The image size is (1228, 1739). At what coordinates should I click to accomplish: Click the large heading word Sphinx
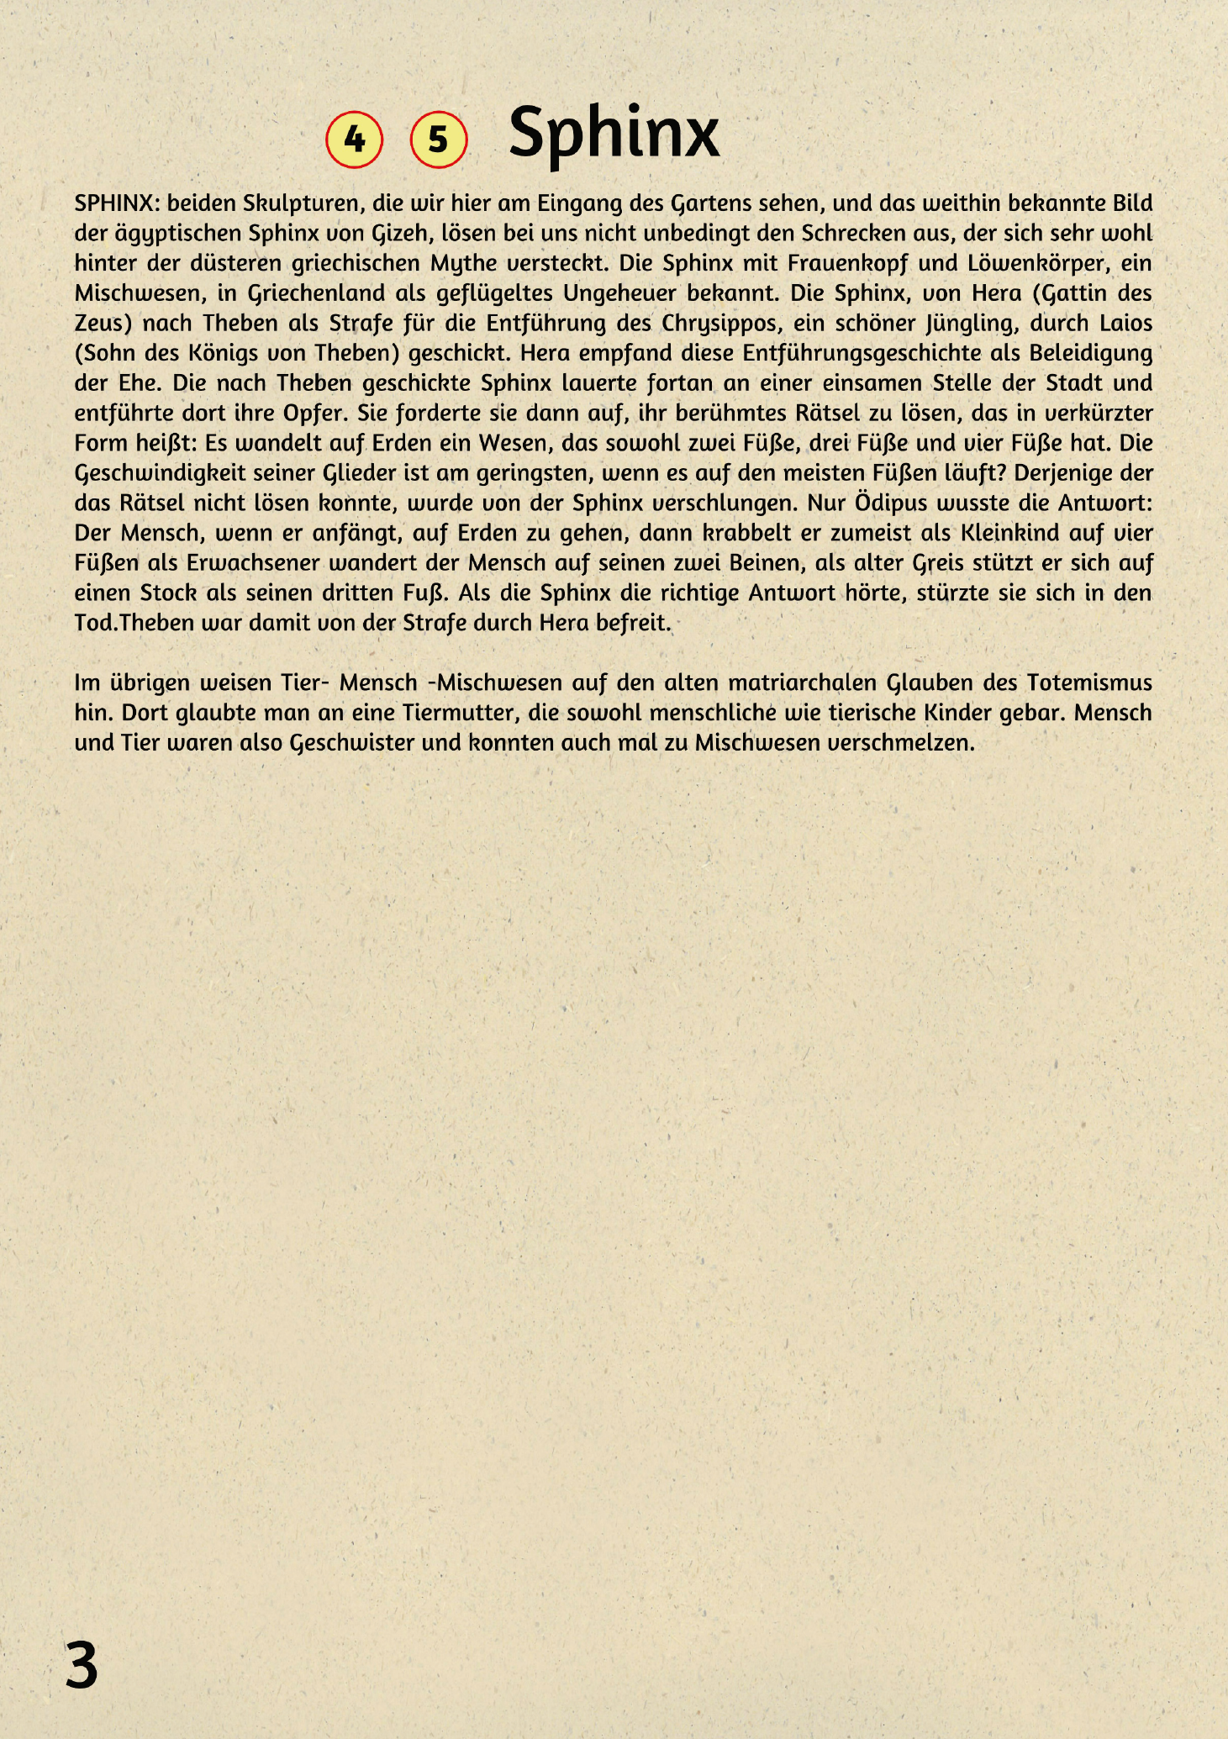tap(614, 133)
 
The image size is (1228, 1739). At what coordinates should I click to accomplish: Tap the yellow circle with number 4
tap(355, 139)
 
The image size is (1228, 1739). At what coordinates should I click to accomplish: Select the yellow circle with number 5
tap(438, 139)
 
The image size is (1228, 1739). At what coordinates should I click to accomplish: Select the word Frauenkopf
tap(846, 264)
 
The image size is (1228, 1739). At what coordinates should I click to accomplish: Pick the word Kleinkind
tap(1015, 533)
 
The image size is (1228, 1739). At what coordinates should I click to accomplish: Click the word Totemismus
tap(1090, 682)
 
